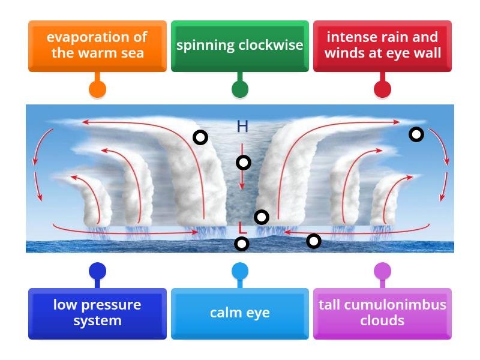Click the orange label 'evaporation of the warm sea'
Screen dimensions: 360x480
pyautogui.click(x=97, y=45)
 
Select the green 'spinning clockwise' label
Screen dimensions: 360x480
pyautogui.click(x=240, y=45)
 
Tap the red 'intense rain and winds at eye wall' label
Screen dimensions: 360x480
pyautogui.click(x=382, y=45)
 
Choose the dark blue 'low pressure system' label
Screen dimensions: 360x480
pyautogui.click(x=97, y=313)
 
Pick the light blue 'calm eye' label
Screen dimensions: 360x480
pyautogui.click(x=240, y=313)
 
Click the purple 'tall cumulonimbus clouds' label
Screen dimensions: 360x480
pyautogui.click(x=382, y=313)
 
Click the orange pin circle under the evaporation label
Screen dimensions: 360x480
pyautogui.click(x=97, y=89)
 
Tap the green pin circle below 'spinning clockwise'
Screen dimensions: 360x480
pyautogui.click(x=240, y=89)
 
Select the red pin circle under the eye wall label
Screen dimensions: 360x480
pyautogui.click(x=382, y=89)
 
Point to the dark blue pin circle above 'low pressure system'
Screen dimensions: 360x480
pyautogui.click(x=97, y=271)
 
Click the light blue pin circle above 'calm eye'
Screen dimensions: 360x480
pyautogui.click(x=240, y=271)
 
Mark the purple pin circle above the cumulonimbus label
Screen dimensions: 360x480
pyautogui.click(x=382, y=271)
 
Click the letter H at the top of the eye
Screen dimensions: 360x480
pyautogui.click(x=242, y=126)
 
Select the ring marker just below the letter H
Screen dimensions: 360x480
pyautogui.click(x=243, y=162)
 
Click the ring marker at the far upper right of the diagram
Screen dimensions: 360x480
pyautogui.click(x=416, y=134)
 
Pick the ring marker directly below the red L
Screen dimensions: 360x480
pyautogui.click(x=241, y=244)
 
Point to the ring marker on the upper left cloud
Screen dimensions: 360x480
pyautogui.click(x=200, y=137)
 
